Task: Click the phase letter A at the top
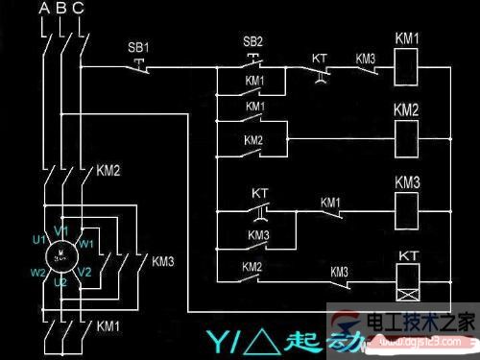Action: [42, 11]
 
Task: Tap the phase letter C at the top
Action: [79, 11]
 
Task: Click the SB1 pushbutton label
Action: [138, 47]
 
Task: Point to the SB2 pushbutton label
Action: [252, 43]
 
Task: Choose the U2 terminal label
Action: [60, 281]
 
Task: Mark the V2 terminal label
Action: [84, 273]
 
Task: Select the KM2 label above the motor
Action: [108, 173]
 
